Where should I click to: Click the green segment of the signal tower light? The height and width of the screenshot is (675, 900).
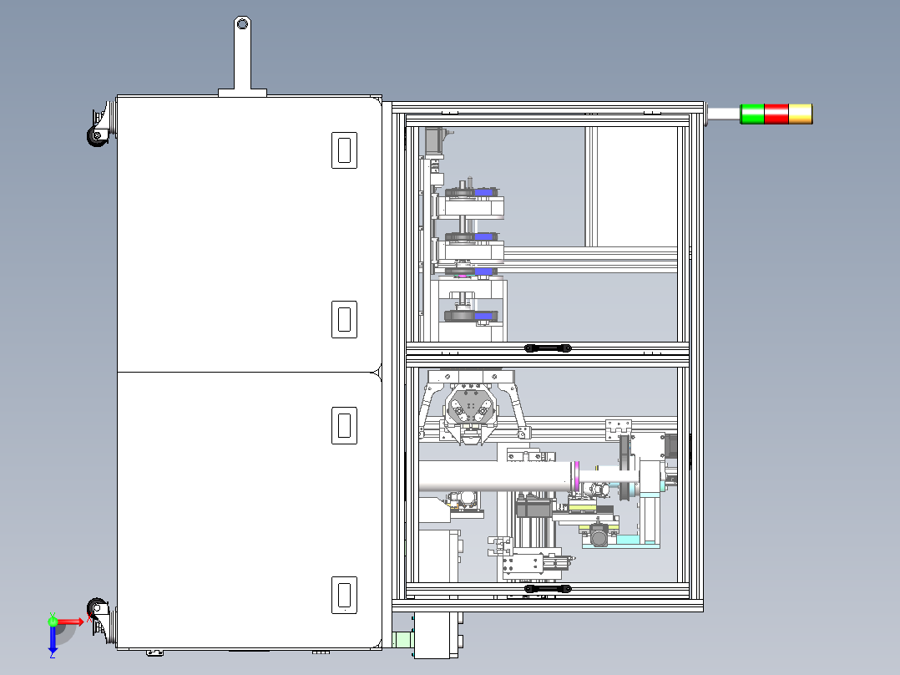click(752, 114)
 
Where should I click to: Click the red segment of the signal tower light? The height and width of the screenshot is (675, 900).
click(776, 114)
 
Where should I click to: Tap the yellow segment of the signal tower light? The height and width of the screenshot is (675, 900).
click(801, 114)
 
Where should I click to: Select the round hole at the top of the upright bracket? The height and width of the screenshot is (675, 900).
click(242, 24)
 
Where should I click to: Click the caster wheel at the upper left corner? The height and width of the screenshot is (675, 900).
click(97, 135)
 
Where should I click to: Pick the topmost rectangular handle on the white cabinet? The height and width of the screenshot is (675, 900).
click(344, 150)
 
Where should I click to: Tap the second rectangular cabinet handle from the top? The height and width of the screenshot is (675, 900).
click(344, 319)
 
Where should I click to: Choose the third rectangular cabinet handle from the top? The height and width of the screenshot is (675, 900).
click(344, 426)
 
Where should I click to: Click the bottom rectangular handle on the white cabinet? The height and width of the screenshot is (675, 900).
click(344, 595)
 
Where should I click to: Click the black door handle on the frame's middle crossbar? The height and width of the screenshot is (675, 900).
click(548, 348)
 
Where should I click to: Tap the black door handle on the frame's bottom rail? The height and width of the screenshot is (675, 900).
click(548, 589)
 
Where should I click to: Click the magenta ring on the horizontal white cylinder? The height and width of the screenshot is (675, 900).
click(576, 477)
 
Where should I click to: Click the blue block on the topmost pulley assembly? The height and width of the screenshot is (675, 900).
click(484, 192)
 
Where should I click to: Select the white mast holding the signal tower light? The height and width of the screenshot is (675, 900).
click(723, 113)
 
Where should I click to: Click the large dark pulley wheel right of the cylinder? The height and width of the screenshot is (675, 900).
click(625, 468)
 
